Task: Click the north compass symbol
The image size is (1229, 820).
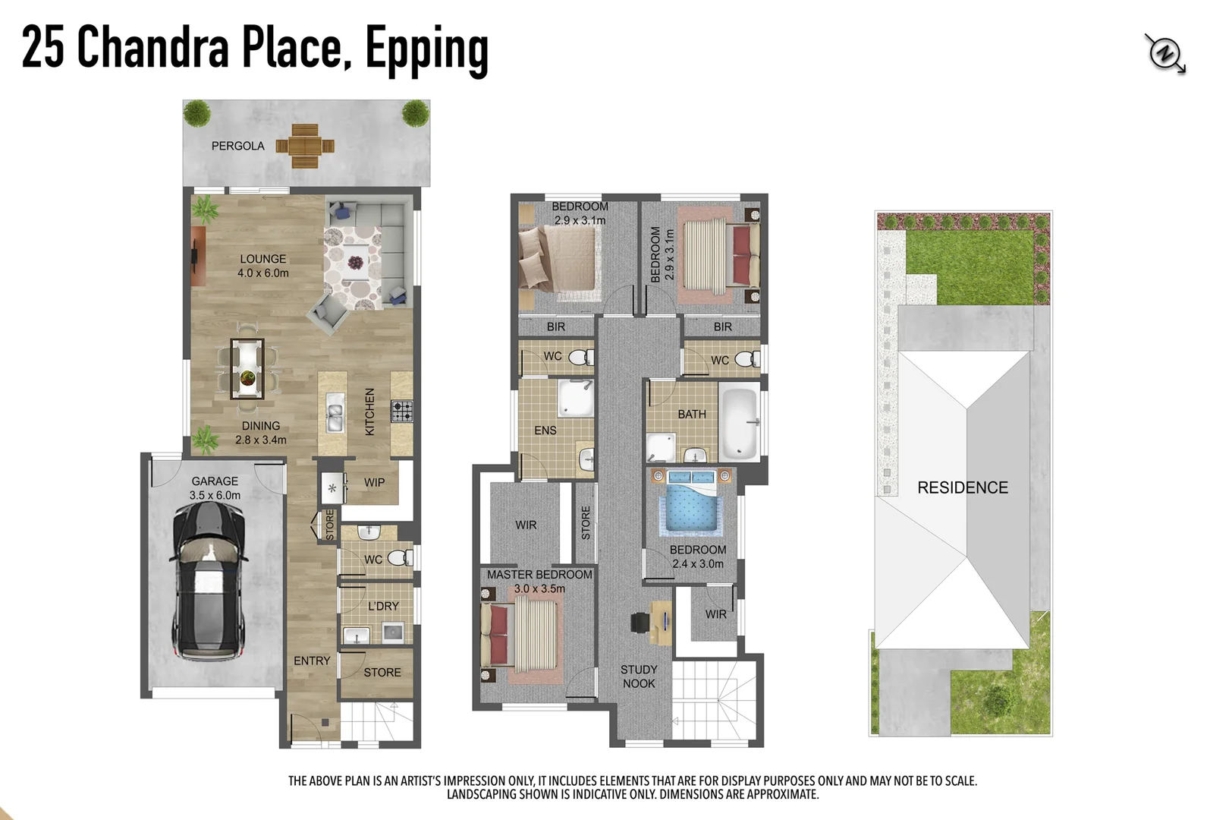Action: pyautogui.click(x=1165, y=54)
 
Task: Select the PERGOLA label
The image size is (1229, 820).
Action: pyautogui.click(x=237, y=146)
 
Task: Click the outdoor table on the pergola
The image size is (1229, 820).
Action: pyautogui.click(x=305, y=146)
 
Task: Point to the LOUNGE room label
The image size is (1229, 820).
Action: pyautogui.click(x=262, y=259)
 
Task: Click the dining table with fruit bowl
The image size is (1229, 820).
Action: pyautogui.click(x=247, y=369)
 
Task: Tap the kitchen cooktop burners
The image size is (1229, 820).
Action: pyautogui.click(x=402, y=411)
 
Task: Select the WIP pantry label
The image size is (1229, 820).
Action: pyautogui.click(x=374, y=482)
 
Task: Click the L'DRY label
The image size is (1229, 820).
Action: pyautogui.click(x=383, y=606)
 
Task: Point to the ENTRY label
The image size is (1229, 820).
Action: pyautogui.click(x=312, y=661)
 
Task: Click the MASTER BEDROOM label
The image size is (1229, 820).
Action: pyautogui.click(x=539, y=575)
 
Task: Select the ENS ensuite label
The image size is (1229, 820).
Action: pyautogui.click(x=545, y=430)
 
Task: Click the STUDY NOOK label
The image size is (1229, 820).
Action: pyautogui.click(x=639, y=676)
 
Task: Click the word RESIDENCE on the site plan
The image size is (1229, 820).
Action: pyautogui.click(x=963, y=487)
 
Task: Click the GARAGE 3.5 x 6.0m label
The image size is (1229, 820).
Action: pyautogui.click(x=215, y=488)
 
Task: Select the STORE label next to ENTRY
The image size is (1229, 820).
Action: pyautogui.click(x=382, y=672)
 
